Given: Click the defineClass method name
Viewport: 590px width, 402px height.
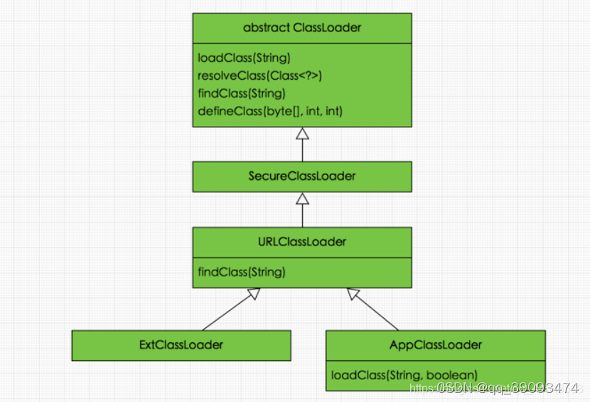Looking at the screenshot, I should point(227,111).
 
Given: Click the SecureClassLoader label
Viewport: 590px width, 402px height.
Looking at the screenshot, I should point(302,176).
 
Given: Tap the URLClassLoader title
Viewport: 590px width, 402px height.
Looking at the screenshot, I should point(302,242).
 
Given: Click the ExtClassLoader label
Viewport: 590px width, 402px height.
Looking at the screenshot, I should point(181,345).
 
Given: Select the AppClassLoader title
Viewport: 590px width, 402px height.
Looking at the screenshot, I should point(436,345).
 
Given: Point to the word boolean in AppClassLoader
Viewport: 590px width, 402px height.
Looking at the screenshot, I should point(449,374).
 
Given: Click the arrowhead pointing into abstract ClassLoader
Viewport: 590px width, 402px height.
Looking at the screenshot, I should point(302,134).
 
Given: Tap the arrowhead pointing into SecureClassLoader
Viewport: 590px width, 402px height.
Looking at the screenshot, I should point(302,199).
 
